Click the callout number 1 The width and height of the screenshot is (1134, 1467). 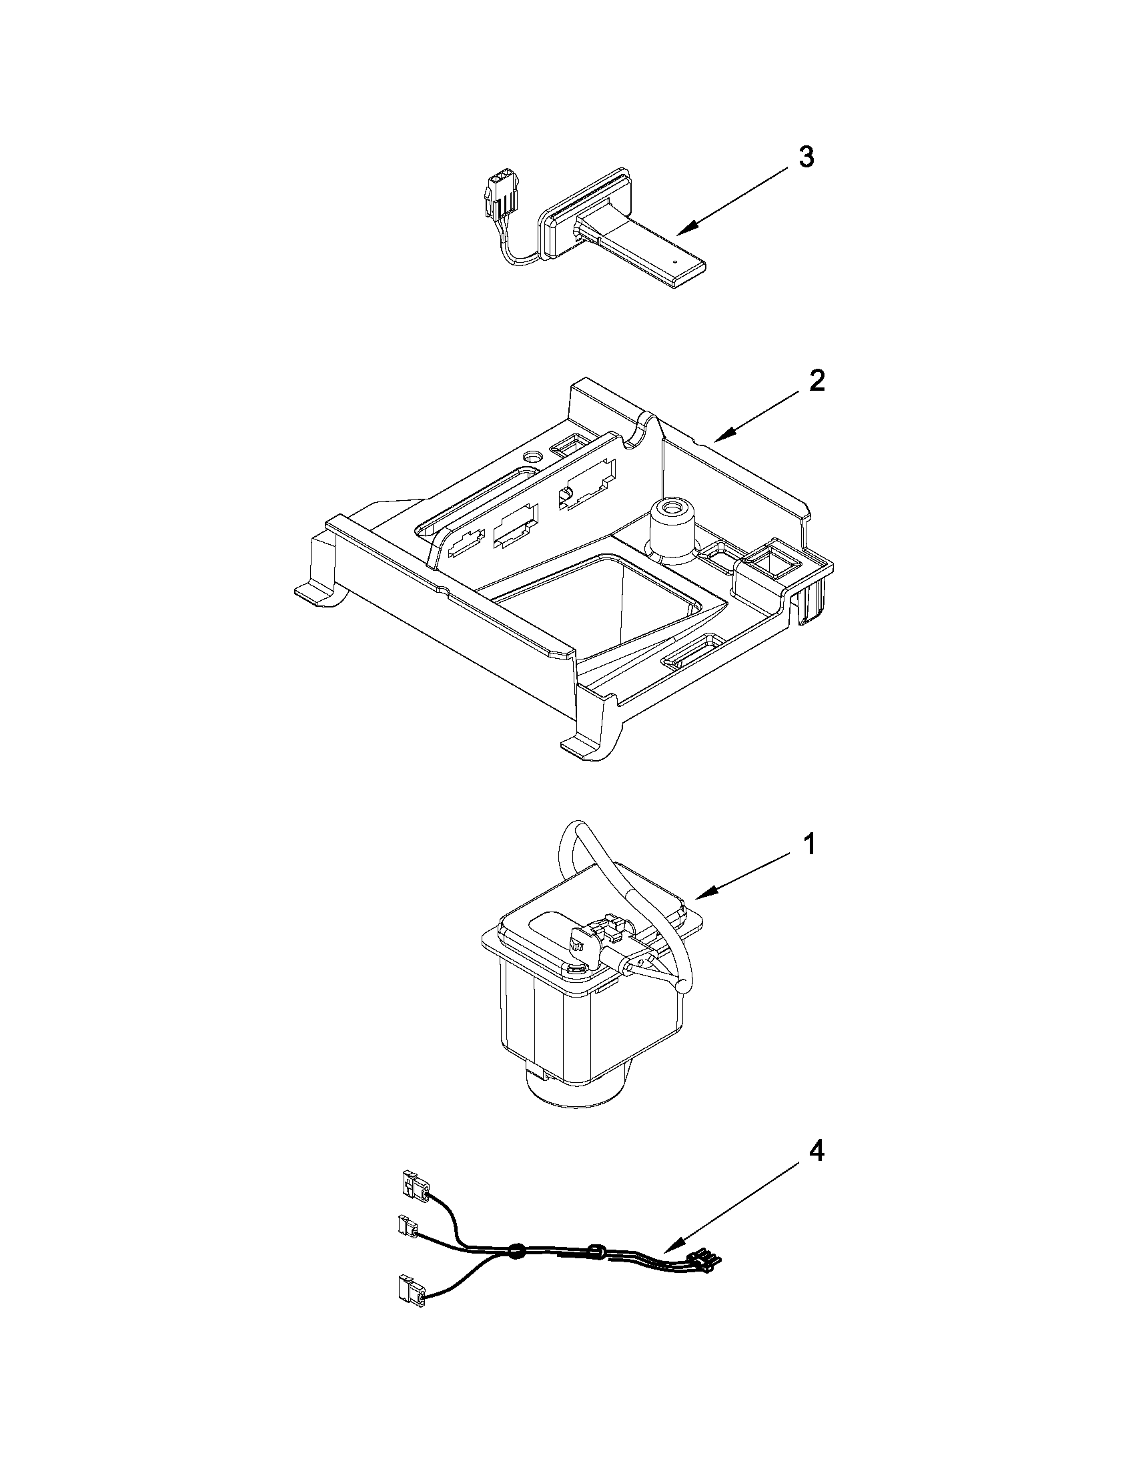tap(811, 844)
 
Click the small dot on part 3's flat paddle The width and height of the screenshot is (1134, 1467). tap(674, 261)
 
